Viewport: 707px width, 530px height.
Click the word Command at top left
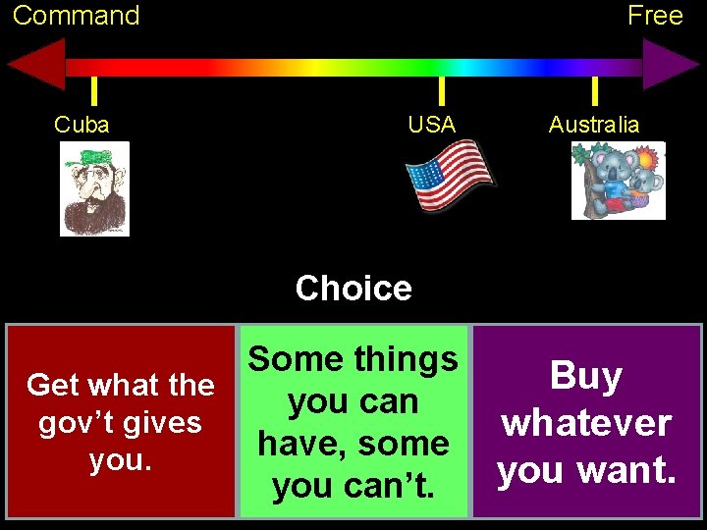click(76, 16)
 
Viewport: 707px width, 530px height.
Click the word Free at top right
click(655, 16)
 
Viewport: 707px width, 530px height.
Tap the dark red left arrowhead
click(37, 66)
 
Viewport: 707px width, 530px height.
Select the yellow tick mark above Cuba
click(93, 91)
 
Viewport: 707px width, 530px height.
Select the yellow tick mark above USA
click(441, 91)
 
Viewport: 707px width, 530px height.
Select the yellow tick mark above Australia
click(594, 91)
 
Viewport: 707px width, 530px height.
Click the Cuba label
click(82, 125)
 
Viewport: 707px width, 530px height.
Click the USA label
click(432, 125)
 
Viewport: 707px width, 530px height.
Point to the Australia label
click(593, 125)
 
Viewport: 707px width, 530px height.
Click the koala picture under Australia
click(618, 181)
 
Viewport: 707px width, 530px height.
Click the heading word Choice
click(353, 289)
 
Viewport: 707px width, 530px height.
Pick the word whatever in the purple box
click(586, 423)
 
